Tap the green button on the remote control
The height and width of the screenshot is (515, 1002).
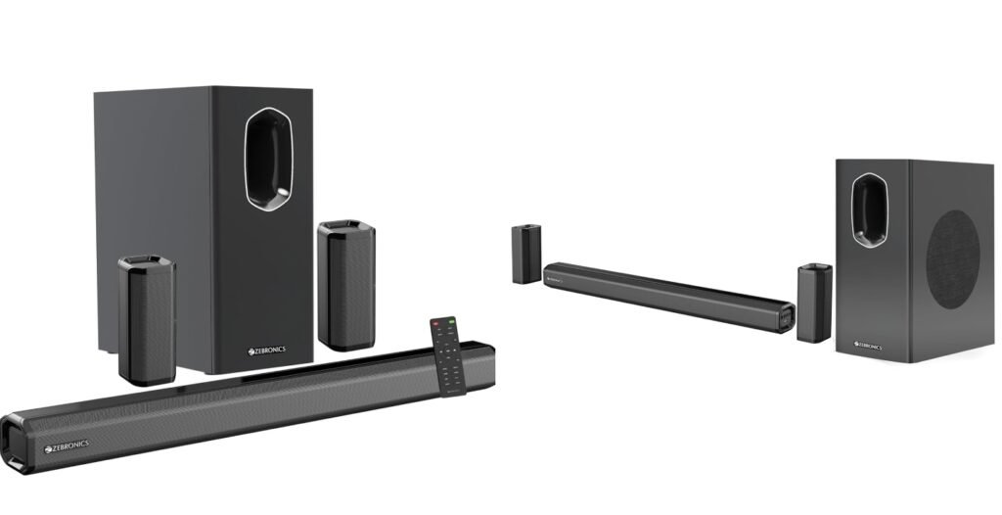452,320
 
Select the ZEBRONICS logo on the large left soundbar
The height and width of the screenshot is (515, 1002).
68,445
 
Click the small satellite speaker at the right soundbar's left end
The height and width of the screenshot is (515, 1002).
525,254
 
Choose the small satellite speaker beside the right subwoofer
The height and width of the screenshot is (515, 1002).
812,303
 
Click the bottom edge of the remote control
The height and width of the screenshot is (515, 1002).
457,393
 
